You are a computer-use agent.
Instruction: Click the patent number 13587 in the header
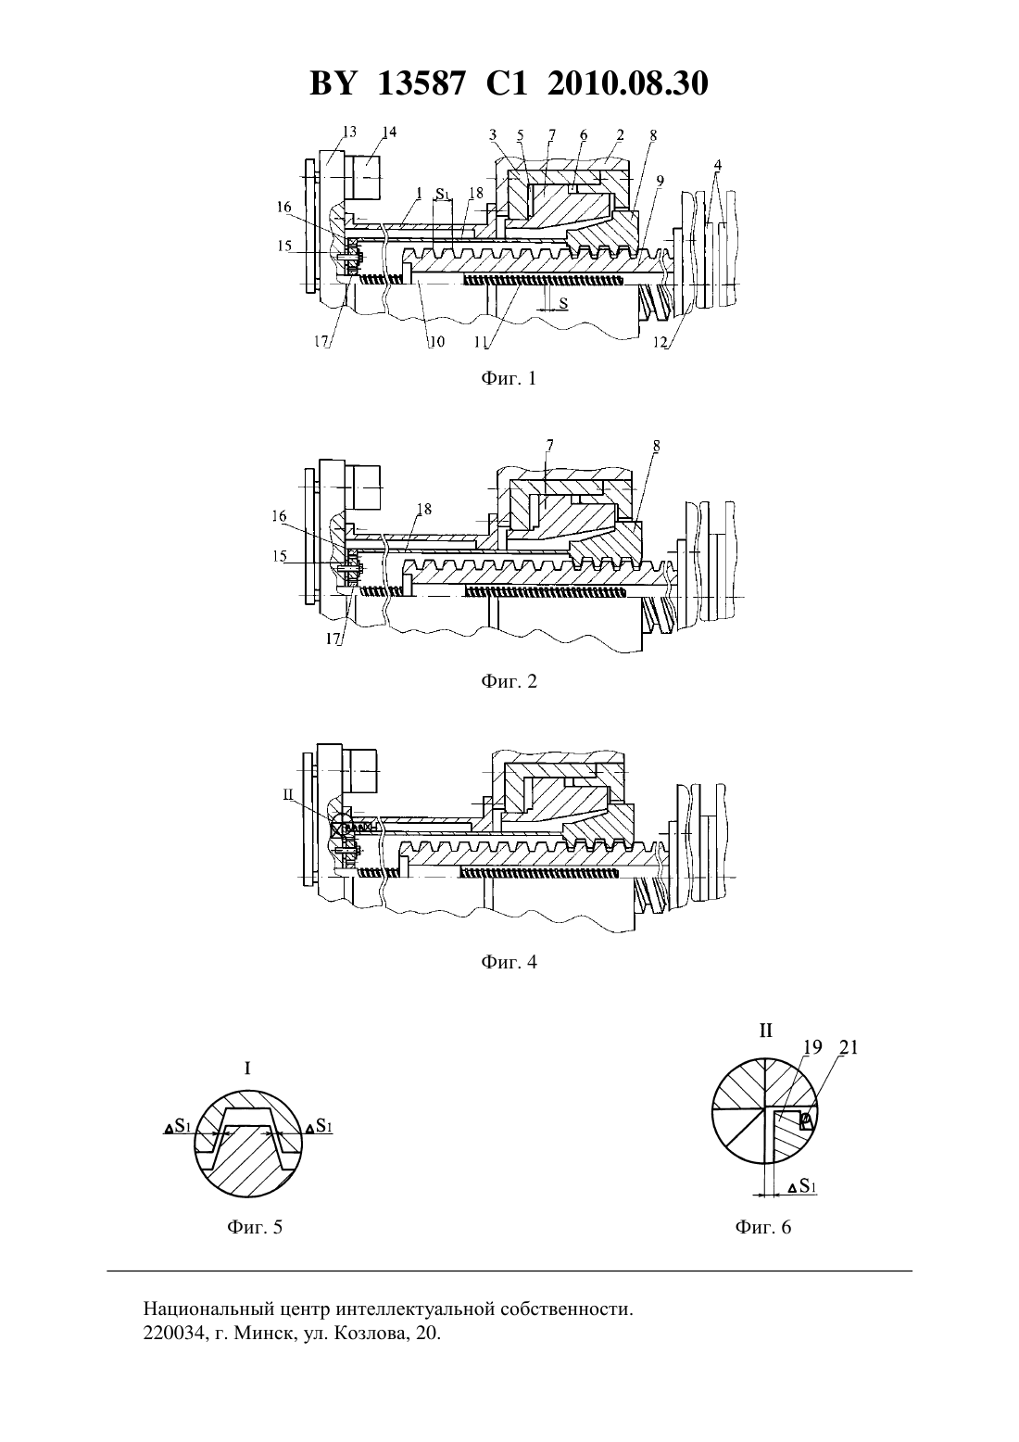point(420,83)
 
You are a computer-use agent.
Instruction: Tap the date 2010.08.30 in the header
point(628,83)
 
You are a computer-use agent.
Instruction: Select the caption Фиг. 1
point(509,378)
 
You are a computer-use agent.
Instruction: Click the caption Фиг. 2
point(509,680)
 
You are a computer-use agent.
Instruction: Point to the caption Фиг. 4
point(509,962)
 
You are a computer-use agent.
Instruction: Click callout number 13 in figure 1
point(349,132)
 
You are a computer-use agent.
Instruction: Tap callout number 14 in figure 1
point(388,132)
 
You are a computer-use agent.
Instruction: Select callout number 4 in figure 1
point(717,165)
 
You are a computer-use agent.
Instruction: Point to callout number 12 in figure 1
point(660,342)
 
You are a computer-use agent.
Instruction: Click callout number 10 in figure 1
point(437,342)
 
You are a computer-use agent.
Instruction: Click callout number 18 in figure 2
point(424,509)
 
